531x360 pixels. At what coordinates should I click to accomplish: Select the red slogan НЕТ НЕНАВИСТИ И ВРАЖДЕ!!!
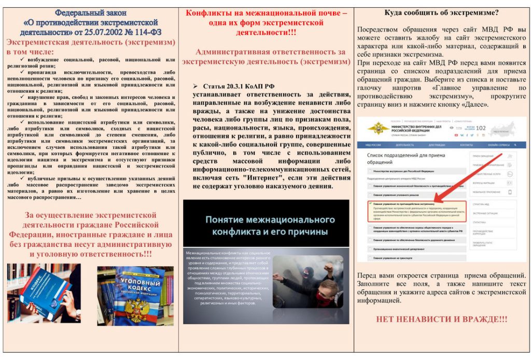pyautogui.click(x=441, y=319)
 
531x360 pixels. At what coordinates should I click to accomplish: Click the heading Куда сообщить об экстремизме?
pyautogui.click(x=442, y=12)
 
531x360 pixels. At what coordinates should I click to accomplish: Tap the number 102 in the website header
pyautogui.click(x=481, y=129)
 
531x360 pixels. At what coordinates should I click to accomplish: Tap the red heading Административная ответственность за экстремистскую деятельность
pyautogui.click(x=266, y=57)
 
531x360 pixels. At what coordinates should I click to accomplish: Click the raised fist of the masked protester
pyautogui.click(x=328, y=268)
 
